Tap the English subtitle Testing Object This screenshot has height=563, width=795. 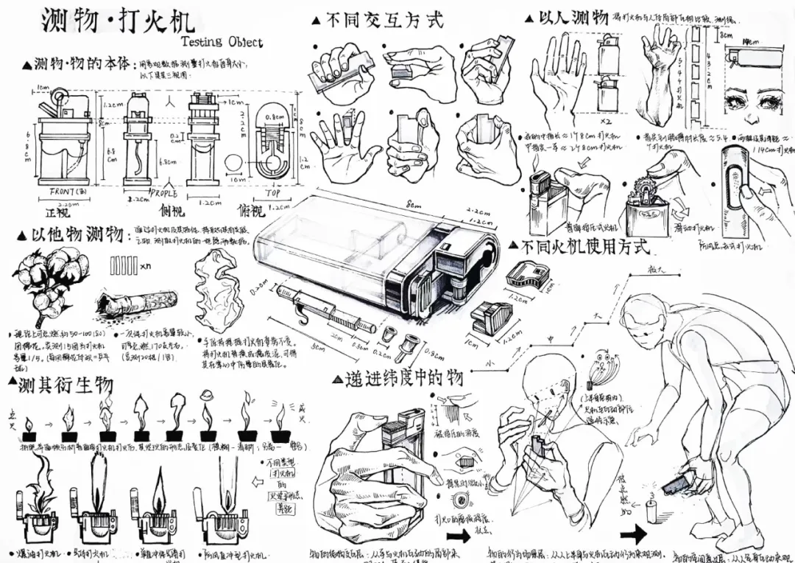(x=221, y=41)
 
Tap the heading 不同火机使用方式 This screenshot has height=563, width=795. (x=585, y=245)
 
